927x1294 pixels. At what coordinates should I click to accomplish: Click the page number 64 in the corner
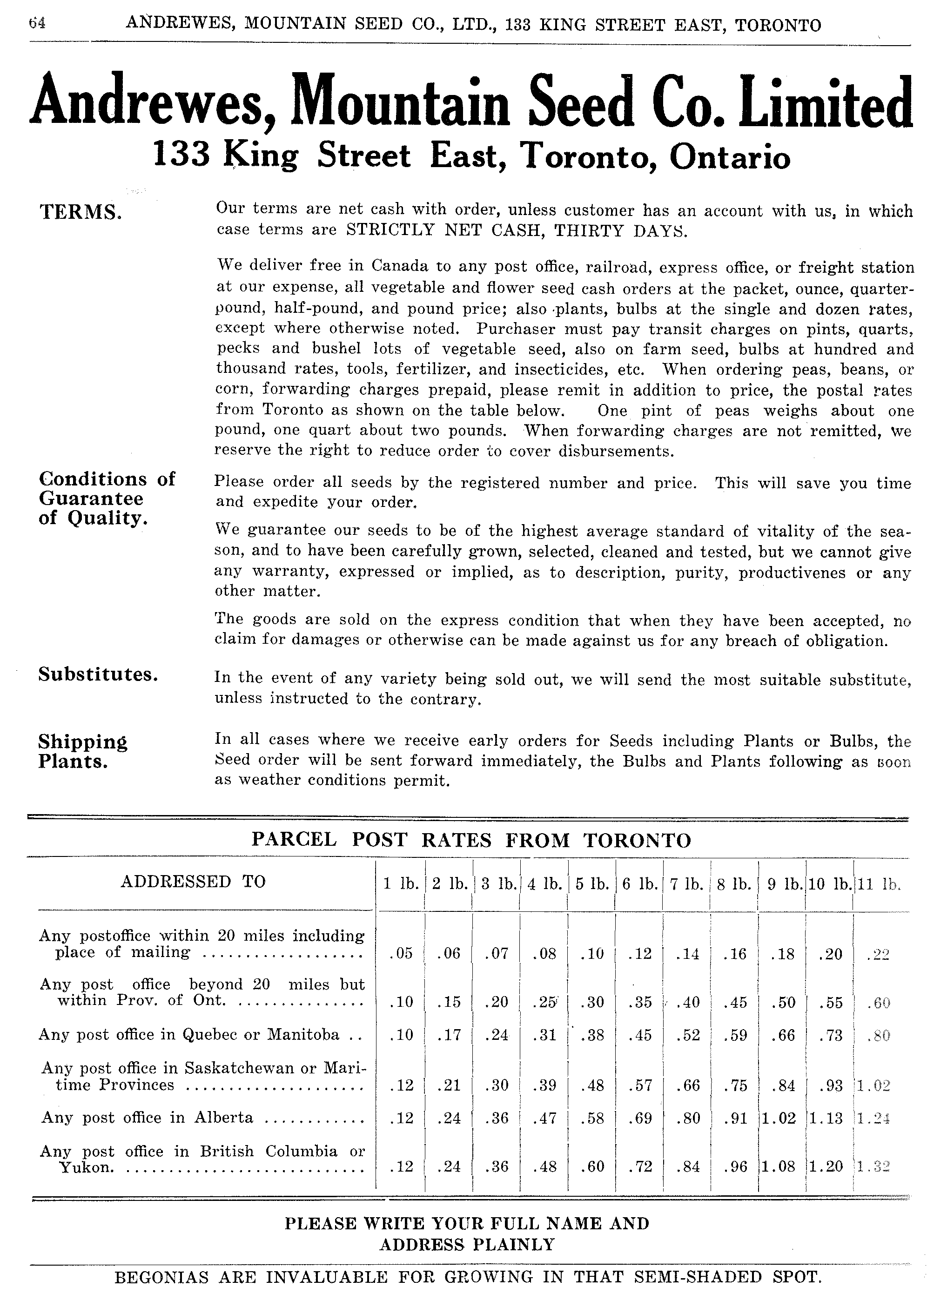(x=37, y=23)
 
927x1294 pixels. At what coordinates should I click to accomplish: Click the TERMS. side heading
(x=80, y=212)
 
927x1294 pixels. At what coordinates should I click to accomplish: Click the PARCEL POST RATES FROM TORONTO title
(x=471, y=840)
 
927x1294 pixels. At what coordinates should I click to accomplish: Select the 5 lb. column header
(x=591, y=884)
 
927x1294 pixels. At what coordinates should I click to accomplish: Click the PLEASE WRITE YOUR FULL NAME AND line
(x=467, y=1223)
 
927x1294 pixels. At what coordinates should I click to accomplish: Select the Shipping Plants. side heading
(x=83, y=751)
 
